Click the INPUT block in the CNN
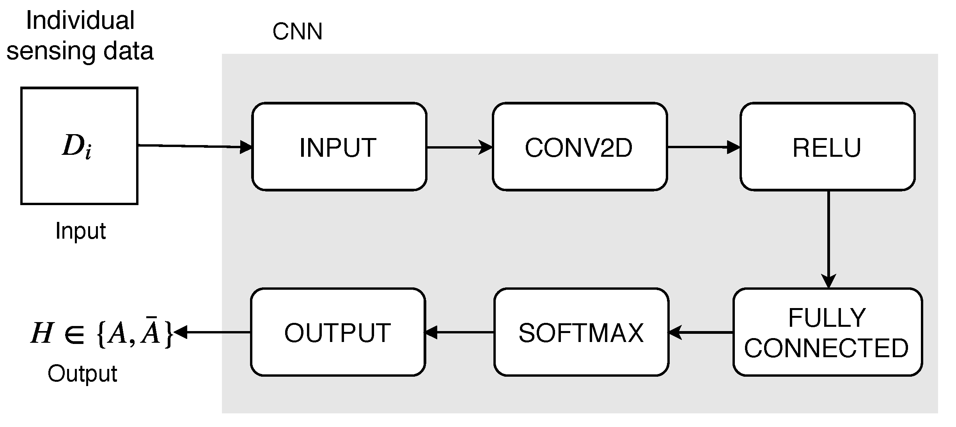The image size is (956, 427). [339, 147]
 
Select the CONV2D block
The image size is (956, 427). [579, 147]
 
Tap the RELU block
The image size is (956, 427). [827, 147]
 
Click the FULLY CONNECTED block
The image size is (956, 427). [827, 332]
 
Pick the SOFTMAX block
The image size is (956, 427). [581, 332]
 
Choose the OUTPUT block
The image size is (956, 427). [337, 332]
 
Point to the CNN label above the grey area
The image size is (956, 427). [297, 31]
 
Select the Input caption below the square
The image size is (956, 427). [80, 231]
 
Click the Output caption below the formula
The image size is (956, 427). [82, 374]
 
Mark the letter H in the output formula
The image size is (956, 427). [41, 333]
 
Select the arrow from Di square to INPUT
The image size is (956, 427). [195, 146]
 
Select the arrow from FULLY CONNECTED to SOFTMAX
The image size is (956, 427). [701, 332]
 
